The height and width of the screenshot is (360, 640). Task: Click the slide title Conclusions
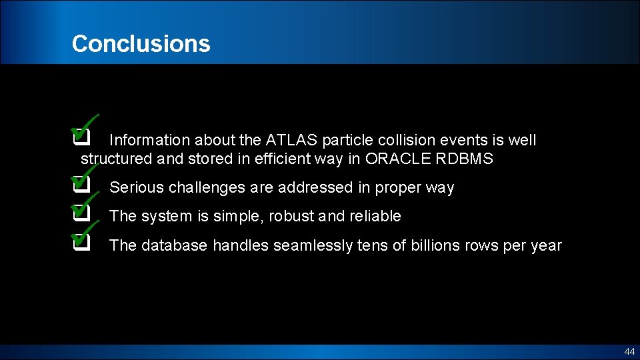[x=141, y=44]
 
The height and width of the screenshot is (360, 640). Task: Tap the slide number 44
[x=629, y=351]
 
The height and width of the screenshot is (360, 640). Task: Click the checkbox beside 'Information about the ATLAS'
[x=81, y=137]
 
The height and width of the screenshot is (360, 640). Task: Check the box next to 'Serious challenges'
[x=81, y=185]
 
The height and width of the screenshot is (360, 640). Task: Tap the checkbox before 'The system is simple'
[x=81, y=213]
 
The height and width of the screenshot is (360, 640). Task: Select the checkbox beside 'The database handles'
[x=81, y=242]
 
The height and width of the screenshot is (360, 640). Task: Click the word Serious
[x=137, y=187]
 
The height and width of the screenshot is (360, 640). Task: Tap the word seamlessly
[x=303, y=245]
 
